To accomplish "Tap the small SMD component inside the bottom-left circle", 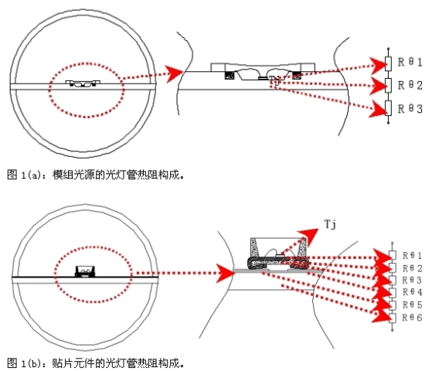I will click(83, 271).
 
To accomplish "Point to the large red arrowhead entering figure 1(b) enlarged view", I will click(225, 271).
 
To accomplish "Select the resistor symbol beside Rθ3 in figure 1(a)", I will click(389, 109).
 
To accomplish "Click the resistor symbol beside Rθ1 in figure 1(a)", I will click(389, 62).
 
